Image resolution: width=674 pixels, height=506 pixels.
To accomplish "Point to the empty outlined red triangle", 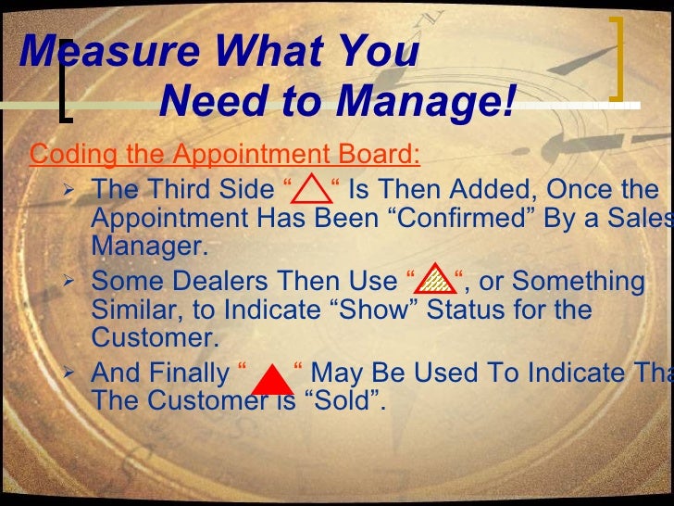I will pyautogui.click(x=311, y=193).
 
